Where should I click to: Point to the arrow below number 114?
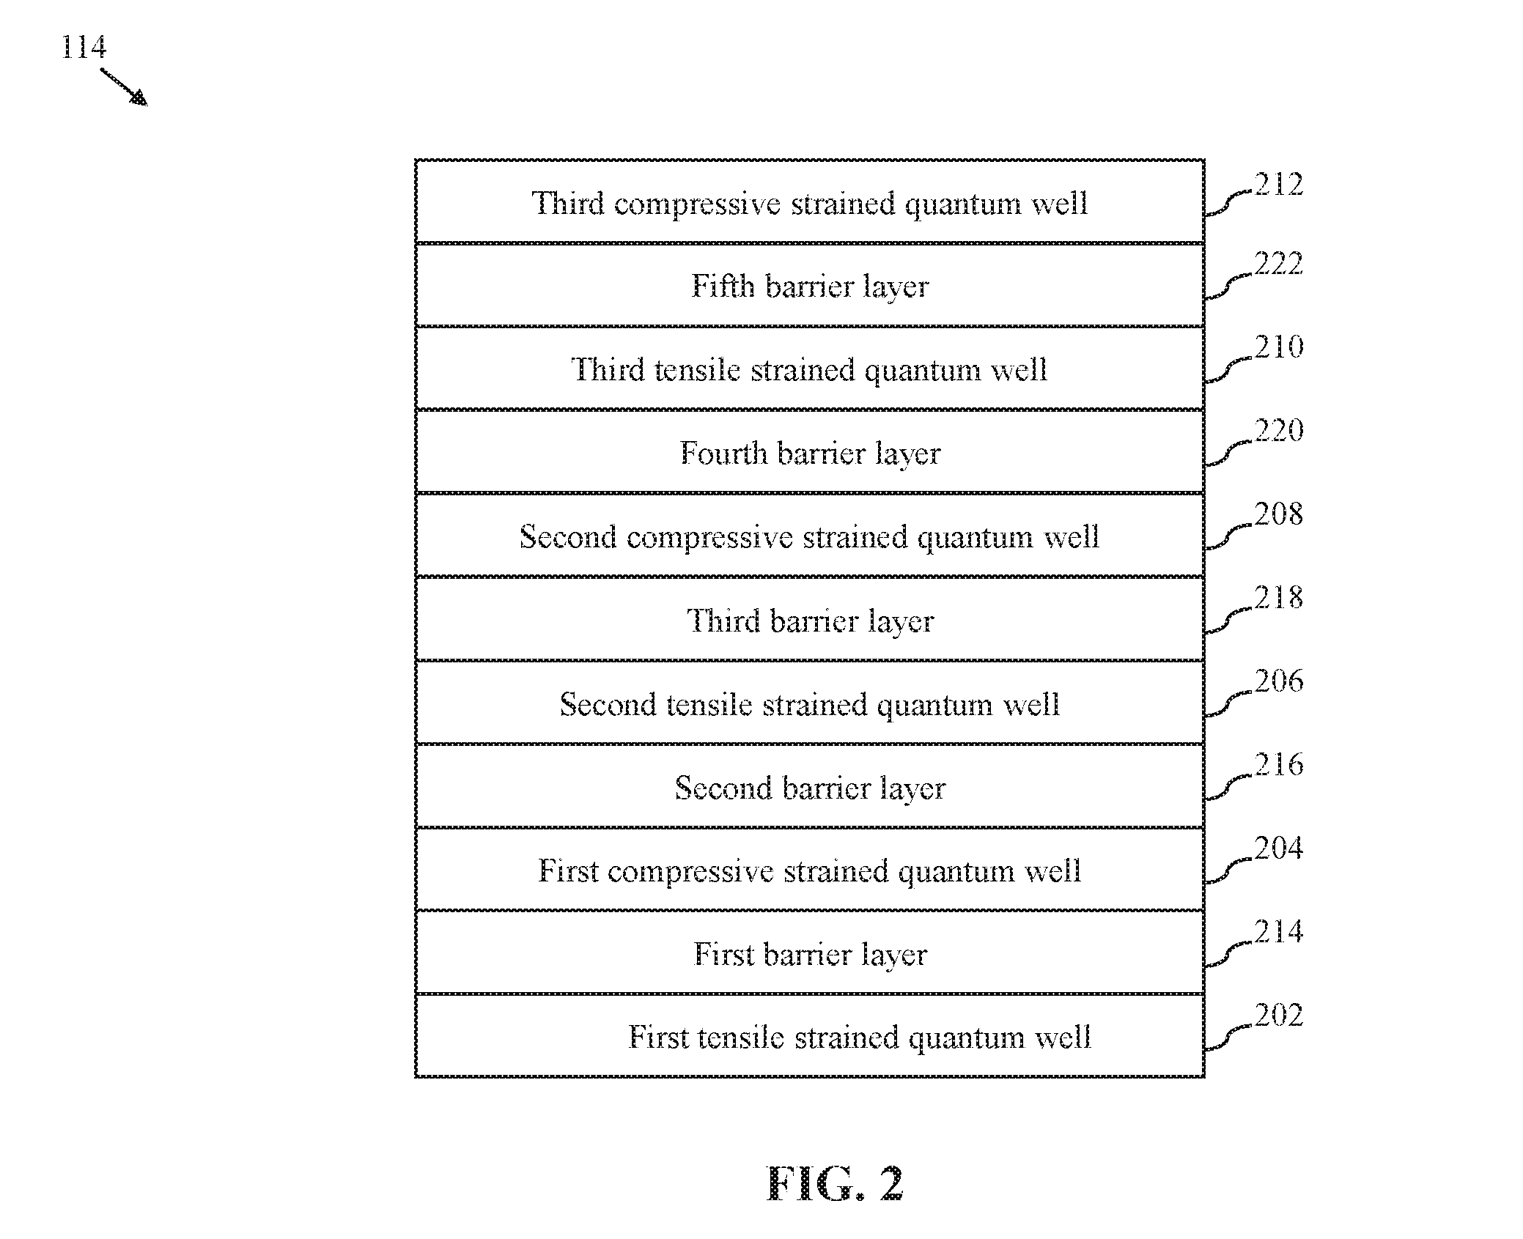tap(123, 87)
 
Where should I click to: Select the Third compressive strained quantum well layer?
tap(809, 201)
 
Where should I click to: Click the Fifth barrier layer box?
tap(809, 285)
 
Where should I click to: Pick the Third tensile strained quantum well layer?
tap(809, 369)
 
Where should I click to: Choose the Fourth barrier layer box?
tap(809, 452)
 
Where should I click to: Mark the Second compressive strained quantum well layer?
tap(809, 536)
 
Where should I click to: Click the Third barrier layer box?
tap(809, 619)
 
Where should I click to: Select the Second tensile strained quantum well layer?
tap(809, 703)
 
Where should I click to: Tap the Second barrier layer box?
tap(809, 786)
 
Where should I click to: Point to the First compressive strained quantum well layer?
tap(809, 870)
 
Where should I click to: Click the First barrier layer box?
tap(809, 953)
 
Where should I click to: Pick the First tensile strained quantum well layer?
tap(809, 1036)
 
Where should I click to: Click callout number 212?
tap(1279, 184)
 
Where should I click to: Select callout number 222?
tap(1279, 264)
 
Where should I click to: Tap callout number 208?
tap(1279, 514)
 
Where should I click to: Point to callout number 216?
tap(1279, 765)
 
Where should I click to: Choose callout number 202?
tap(1279, 1016)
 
